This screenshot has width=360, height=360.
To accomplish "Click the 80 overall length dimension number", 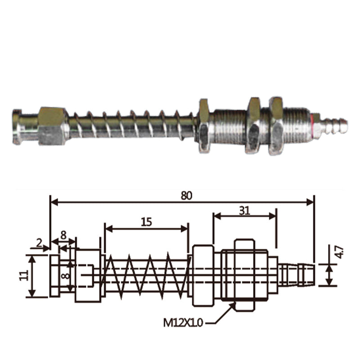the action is pyautogui.click(x=186, y=195).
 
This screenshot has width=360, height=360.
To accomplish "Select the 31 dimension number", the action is pyautogui.click(x=244, y=211).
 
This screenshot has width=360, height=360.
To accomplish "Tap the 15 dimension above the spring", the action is pyautogui.click(x=147, y=222).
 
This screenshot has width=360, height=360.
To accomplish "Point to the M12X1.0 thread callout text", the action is pyautogui.click(x=183, y=323).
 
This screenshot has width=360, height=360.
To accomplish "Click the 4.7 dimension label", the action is pyautogui.click(x=339, y=252).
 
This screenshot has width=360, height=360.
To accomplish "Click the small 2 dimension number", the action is pyautogui.click(x=39, y=243).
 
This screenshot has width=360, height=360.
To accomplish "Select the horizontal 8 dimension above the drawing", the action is pyautogui.click(x=63, y=235).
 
